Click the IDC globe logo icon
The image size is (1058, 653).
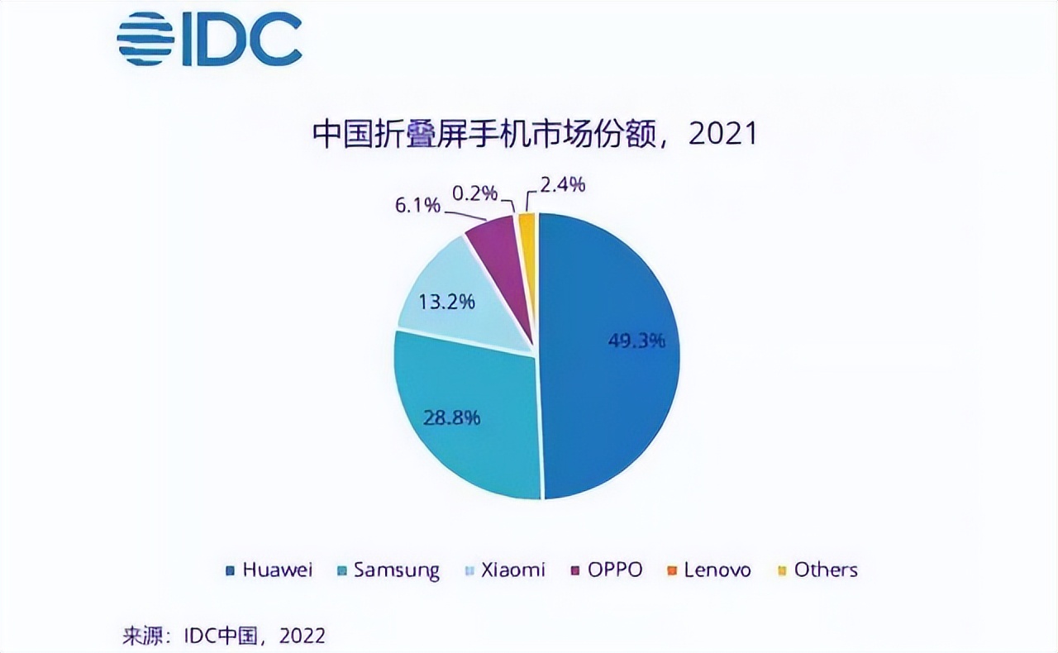[x=145, y=39]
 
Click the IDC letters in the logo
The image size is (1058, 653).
[x=239, y=40]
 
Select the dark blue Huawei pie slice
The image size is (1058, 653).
[x=612, y=372]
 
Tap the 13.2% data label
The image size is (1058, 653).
[x=446, y=301]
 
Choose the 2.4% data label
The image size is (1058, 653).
[x=562, y=185]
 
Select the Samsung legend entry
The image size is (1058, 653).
[x=388, y=570]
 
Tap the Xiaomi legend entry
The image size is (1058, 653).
[x=507, y=570]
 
